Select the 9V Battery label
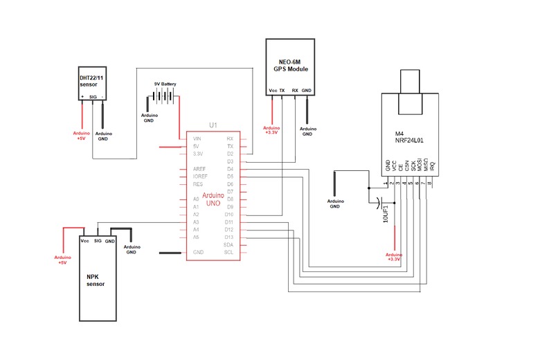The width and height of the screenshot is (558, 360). [x=165, y=84]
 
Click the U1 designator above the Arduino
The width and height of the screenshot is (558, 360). [x=213, y=125]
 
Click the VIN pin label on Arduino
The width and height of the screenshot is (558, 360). [x=197, y=138]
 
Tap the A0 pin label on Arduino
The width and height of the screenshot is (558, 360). [x=197, y=199]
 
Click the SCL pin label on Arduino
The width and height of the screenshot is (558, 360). [x=228, y=252]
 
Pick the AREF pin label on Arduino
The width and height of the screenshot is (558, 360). [x=198, y=169]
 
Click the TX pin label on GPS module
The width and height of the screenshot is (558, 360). [x=282, y=91]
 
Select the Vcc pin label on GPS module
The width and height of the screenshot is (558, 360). [x=273, y=91]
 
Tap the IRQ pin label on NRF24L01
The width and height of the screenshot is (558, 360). [x=433, y=165]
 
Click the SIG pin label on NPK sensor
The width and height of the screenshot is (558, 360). [x=98, y=241]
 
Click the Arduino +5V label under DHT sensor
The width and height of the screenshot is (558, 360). [x=82, y=135]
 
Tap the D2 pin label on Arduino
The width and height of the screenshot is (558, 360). [x=229, y=154]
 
